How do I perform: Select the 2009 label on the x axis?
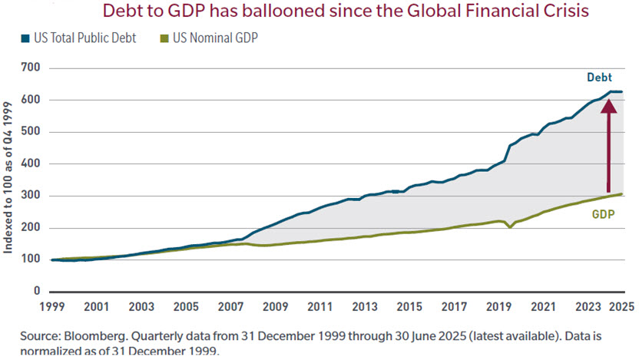click(x=274, y=306)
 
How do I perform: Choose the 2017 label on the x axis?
click(x=453, y=306)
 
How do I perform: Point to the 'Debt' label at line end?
click(x=599, y=78)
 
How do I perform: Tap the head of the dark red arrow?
click(x=608, y=104)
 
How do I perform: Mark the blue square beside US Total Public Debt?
click(x=25, y=38)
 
